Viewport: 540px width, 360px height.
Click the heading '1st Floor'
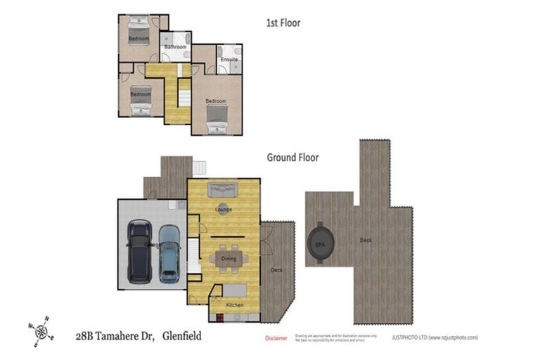[x=283, y=23]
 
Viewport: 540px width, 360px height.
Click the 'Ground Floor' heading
[x=292, y=157]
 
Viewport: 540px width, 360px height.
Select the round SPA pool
[x=322, y=243]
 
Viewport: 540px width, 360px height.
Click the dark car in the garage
[x=139, y=250]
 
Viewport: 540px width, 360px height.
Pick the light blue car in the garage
[x=169, y=252]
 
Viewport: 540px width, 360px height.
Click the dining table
[x=229, y=258]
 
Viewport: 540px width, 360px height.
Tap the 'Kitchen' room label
[x=234, y=306]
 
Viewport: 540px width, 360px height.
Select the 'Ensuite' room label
[x=229, y=60]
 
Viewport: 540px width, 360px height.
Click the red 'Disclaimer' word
[x=276, y=338]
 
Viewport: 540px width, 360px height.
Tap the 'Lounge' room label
[x=224, y=210]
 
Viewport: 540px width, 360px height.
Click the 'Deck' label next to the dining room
[x=276, y=270]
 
